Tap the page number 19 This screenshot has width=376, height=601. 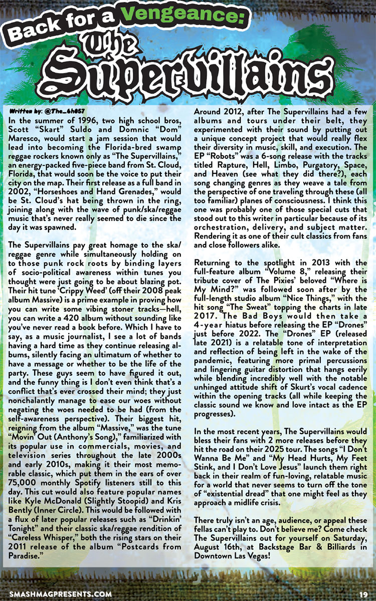[363, 593]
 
